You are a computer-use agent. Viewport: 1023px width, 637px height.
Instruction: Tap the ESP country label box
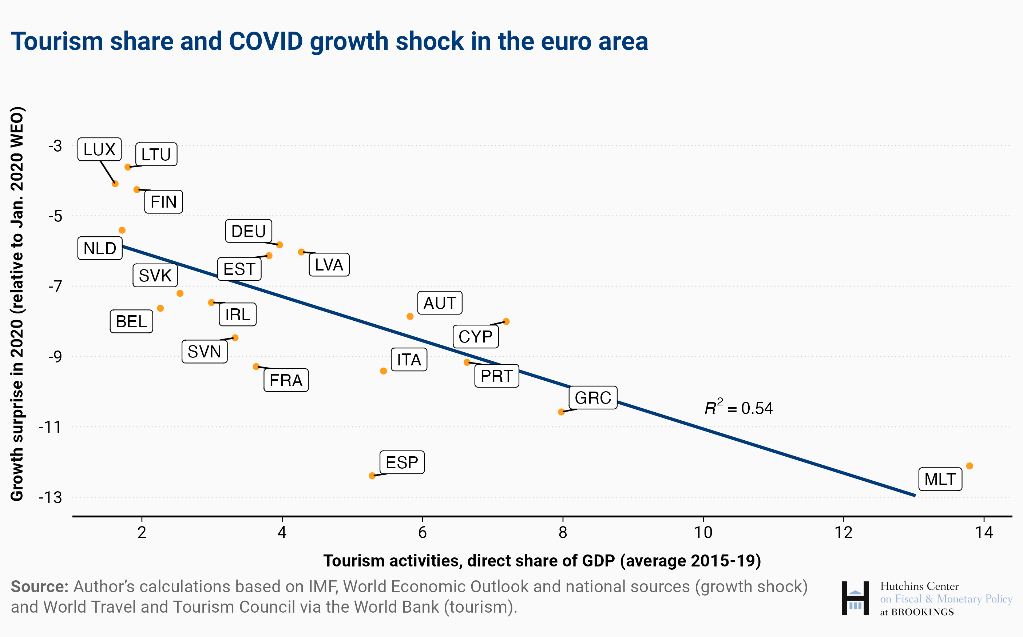[x=402, y=462]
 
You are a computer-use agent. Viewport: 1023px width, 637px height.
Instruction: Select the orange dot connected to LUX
[x=115, y=184]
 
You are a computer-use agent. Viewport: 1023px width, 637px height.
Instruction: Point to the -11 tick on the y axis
[x=50, y=427]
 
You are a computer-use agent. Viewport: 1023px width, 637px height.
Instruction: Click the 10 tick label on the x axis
[x=703, y=533]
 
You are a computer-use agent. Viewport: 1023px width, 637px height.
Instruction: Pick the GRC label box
[x=593, y=398]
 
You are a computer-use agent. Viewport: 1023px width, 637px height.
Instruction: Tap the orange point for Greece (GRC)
[x=561, y=412]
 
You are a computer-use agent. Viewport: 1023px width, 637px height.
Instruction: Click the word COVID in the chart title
[x=266, y=41]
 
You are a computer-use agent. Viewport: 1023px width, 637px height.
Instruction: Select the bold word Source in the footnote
[x=39, y=586]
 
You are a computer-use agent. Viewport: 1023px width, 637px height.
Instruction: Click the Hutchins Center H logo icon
[x=855, y=598]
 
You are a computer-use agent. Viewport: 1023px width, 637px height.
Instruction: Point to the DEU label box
[x=248, y=231]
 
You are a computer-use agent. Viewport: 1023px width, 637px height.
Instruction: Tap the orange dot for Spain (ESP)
[x=372, y=476]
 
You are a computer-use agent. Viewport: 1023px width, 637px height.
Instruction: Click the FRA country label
[x=286, y=380]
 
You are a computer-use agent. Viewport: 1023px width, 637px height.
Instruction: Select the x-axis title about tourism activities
[x=542, y=561]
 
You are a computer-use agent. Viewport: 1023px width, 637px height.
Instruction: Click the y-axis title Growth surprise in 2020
[x=17, y=303]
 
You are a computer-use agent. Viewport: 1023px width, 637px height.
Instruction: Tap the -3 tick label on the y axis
[x=55, y=146]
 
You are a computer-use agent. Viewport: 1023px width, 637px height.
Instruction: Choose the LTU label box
[x=156, y=155]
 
